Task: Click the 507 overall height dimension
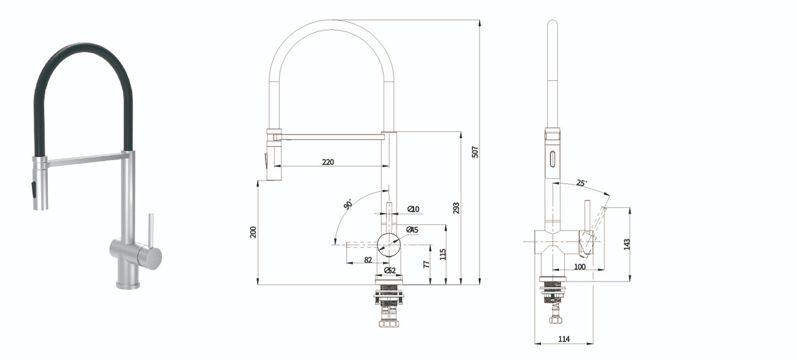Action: [x=475, y=152]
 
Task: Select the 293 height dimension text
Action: [x=456, y=208]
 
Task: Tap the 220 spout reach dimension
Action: [x=328, y=162]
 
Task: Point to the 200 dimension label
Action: [x=253, y=232]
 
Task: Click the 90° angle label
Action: [x=349, y=204]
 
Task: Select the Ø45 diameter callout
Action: [x=412, y=230]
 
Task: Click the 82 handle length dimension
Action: [x=368, y=260]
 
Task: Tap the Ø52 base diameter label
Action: [x=390, y=271]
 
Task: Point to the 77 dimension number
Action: [x=427, y=264]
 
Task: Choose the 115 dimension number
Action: [x=443, y=254]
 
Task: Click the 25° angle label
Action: [x=582, y=183]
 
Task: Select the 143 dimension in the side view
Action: [x=627, y=244]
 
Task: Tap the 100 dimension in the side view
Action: [x=580, y=267]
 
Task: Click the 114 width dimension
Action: [x=564, y=339]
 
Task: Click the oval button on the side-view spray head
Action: [x=552, y=159]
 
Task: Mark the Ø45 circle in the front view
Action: [x=389, y=245]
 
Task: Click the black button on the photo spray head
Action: [x=34, y=189]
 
